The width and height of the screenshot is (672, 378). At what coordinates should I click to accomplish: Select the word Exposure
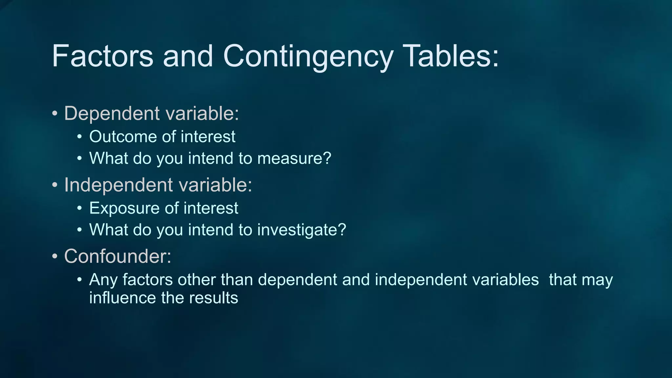click(x=124, y=209)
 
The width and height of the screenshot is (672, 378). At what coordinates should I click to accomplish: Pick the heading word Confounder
click(x=115, y=256)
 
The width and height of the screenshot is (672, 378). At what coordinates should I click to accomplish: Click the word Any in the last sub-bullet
click(x=103, y=280)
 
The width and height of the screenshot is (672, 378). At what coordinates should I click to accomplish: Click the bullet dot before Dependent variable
click(x=55, y=114)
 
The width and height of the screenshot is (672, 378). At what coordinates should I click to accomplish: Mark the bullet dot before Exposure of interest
click(x=79, y=209)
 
